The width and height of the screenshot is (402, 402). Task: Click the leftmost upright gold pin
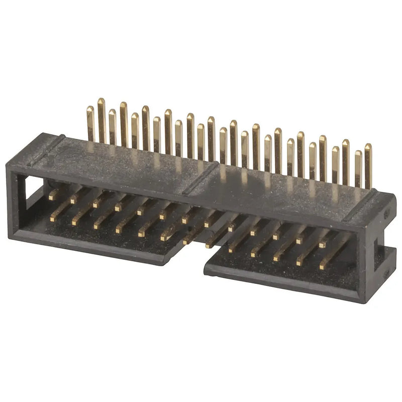coord(90,123)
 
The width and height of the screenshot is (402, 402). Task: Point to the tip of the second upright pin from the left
coord(101,102)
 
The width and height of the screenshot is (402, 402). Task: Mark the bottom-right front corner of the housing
coord(361,300)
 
